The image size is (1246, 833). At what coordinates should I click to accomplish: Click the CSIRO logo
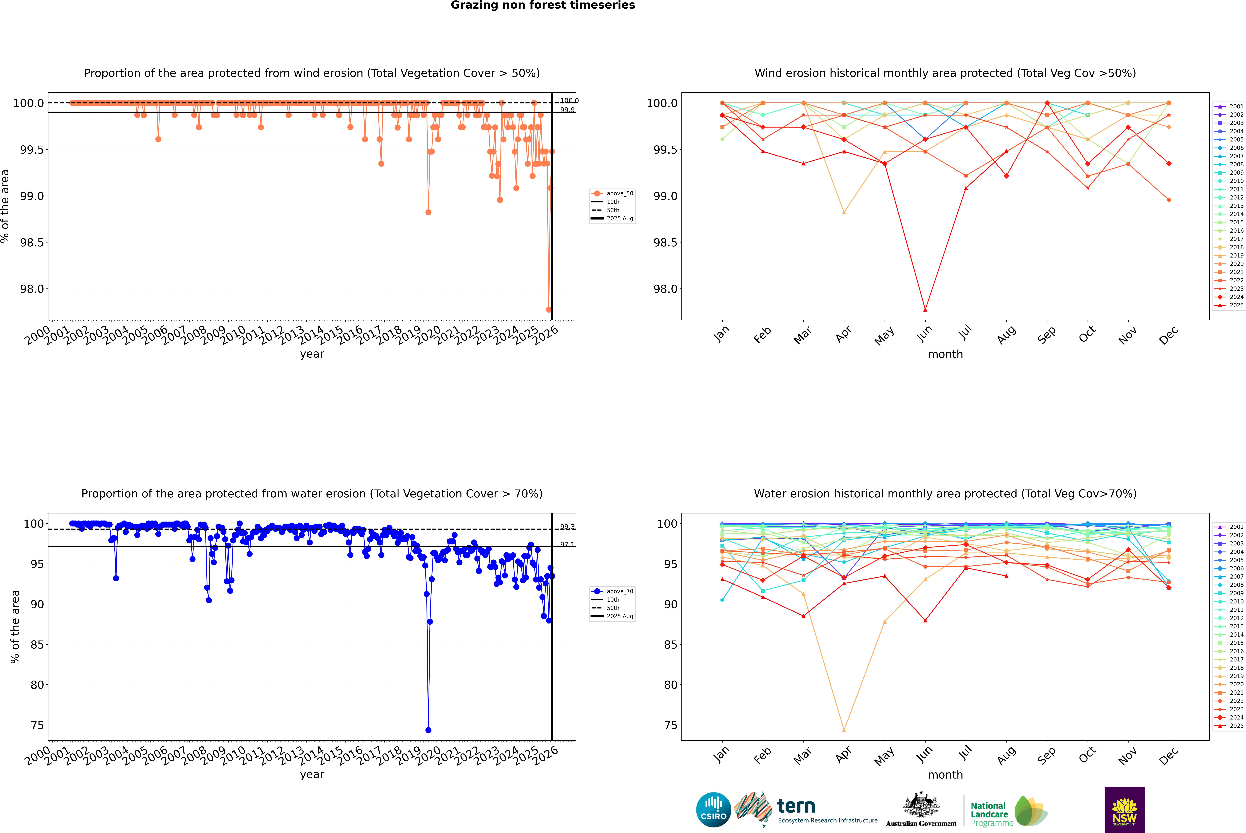713,810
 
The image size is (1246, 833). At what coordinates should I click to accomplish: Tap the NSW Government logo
1124,810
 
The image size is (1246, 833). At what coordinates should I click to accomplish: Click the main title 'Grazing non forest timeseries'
543,5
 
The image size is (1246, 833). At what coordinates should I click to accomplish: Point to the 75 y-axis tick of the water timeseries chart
37,725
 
